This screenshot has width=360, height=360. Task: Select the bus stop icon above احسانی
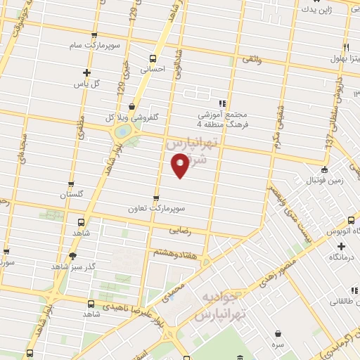pyautogui.click(x=153, y=58)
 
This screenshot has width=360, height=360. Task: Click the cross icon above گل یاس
pyautogui.click(x=86, y=72)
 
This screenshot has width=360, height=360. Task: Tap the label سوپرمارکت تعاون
pyautogui.click(x=156, y=209)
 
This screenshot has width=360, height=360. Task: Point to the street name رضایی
pyautogui.click(x=181, y=230)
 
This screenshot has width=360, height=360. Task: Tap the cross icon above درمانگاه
pyautogui.click(x=342, y=246)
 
